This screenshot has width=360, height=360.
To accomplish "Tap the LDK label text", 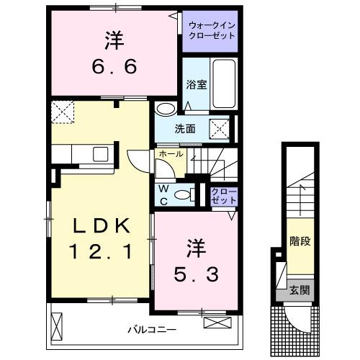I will point(101,226).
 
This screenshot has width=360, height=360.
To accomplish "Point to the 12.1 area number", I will point(101,252).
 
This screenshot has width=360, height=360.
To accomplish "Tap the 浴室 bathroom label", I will point(197,84).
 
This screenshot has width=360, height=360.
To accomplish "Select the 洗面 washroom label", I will point(184,130).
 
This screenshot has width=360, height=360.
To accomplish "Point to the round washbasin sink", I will point(165,109).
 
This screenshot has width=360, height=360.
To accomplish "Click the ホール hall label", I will point(170,153).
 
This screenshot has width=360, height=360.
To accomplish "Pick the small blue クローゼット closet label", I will point(223,195).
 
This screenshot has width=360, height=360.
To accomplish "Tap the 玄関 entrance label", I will point(300,291).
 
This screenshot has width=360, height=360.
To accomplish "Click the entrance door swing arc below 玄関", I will point(296,317).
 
